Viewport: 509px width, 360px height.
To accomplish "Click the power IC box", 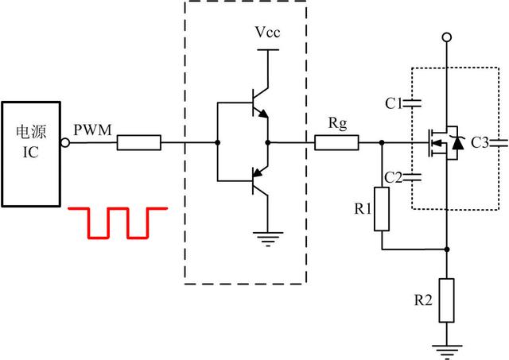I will pos(31,151).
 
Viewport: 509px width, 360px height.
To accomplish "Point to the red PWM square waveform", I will pos(119,222).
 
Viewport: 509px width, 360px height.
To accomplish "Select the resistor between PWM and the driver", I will pos(139,144).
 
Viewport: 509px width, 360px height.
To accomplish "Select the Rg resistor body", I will pos(336,144).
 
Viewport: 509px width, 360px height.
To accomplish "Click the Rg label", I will pos(336,124).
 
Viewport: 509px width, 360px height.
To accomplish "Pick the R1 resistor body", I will pos(383,209).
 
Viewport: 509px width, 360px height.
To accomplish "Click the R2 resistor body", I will pos(446,300).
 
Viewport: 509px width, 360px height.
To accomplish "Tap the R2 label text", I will pos(422,300).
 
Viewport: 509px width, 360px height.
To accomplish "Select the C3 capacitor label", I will pos(480,143).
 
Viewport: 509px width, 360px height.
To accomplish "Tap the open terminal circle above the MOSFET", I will pos(447,37).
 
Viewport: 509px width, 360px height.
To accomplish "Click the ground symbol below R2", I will pos(446,347).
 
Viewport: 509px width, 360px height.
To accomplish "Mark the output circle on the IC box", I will pos(66,144).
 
